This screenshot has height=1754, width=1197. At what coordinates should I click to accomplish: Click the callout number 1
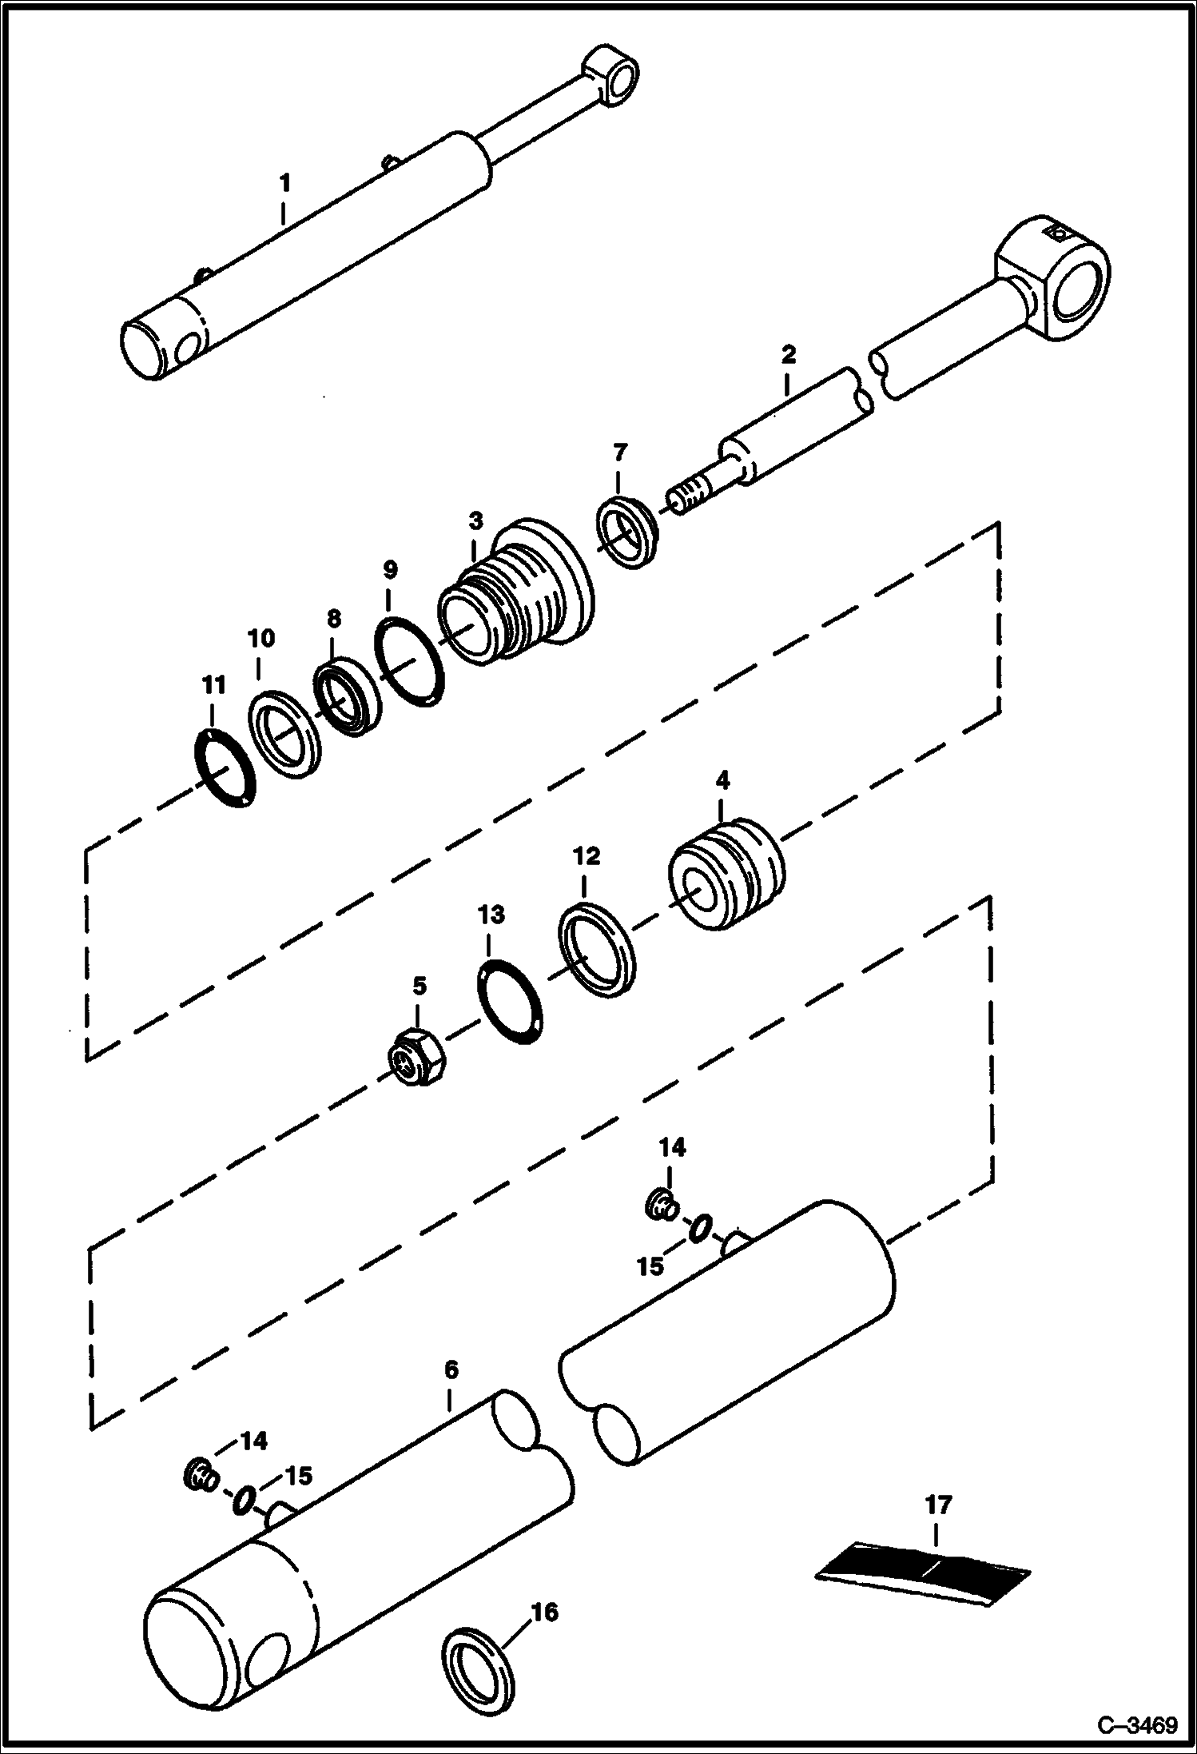pos(284,182)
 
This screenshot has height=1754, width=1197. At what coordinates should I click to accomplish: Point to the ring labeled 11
pos(226,768)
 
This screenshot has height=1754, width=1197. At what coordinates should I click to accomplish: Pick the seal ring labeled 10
pos(285,732)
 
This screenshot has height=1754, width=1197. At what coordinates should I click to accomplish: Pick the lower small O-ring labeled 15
pos(245,1500)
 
